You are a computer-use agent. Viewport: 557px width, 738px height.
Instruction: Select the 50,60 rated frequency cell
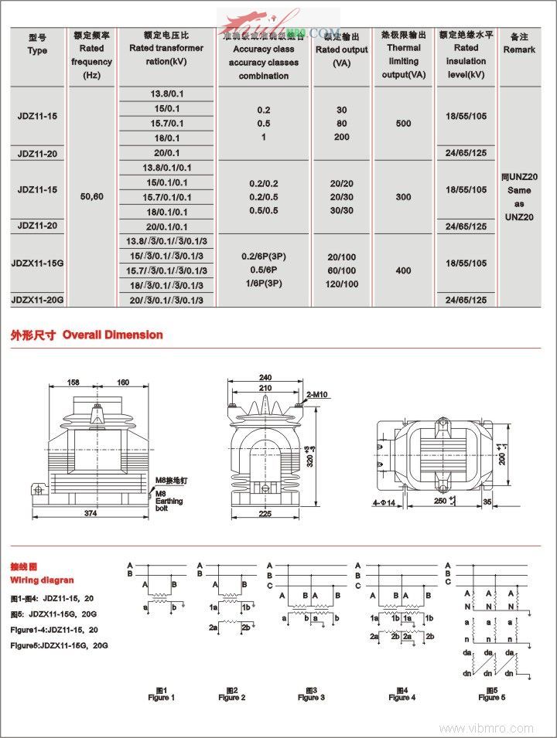(91, 197)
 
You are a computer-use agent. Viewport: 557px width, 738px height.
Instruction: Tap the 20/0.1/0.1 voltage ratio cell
(166, 226)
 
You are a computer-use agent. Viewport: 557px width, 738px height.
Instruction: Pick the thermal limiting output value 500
(403, 124)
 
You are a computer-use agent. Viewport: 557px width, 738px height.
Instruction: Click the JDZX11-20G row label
(38, 300)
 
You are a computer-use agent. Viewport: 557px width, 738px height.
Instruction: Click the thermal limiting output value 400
(403, 270)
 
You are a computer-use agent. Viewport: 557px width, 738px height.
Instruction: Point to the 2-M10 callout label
(317, 395)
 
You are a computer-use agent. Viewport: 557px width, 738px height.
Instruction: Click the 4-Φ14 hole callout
(385, 503)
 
